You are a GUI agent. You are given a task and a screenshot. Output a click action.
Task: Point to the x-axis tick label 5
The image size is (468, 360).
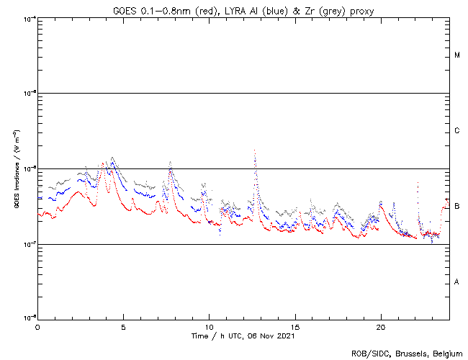(123, 326)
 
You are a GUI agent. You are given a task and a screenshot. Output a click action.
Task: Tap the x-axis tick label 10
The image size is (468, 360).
(210, 326)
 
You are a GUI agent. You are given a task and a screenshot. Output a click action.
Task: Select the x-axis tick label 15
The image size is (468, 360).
(295, 326)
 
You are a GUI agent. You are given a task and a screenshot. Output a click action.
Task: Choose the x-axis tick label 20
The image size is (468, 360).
(381, 326)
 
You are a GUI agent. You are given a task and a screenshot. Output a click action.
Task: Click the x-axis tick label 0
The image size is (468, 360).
(37, 326)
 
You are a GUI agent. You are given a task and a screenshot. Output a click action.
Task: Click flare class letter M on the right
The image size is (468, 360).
(457, 55)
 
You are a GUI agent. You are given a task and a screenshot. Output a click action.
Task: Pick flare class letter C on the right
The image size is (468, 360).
(457, 131)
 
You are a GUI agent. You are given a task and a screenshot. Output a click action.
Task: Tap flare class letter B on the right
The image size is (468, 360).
(457, 207)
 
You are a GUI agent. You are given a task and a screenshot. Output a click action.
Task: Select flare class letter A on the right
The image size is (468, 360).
(457, 282)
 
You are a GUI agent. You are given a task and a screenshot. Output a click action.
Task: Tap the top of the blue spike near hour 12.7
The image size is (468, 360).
(255, 150)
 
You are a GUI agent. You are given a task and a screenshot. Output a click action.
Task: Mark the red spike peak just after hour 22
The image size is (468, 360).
(418, 183)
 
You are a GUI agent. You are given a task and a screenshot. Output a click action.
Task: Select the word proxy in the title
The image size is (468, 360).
(360, 9)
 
